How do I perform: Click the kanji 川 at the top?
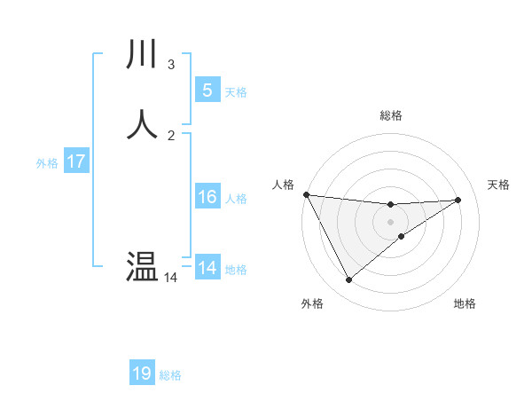pos(143,54)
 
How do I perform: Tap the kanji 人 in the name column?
pos(143,123)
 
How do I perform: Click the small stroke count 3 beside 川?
pos(171,64)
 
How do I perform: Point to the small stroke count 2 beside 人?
pos(171,135)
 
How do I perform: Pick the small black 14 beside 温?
pos(171,278)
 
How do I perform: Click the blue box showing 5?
pos(207,90)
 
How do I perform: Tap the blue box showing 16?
pos(207,197)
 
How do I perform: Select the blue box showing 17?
pos(75,162)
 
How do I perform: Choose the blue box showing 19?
pos(142,374)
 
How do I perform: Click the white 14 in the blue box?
pos(207,268)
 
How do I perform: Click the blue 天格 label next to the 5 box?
pos(236,91)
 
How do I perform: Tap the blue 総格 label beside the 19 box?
pos(170,375)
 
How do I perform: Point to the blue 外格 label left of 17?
pos(47,163)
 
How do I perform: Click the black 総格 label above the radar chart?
pos(391,115)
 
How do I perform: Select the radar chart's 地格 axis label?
pos(465,304)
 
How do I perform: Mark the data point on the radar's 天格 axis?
pos(458,200)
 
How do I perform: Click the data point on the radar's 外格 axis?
pos(348,280)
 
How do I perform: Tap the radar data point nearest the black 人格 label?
pos(306,194)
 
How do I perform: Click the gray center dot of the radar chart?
pos(391,222)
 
